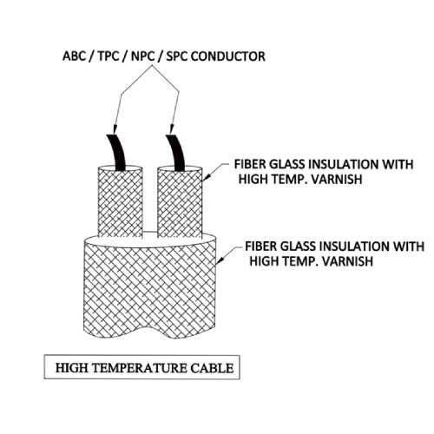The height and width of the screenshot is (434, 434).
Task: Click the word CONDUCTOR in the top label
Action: coord(228,56)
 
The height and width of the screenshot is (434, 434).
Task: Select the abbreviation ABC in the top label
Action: coord(74,56)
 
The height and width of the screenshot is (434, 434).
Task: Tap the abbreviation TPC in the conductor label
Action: coord(108,56)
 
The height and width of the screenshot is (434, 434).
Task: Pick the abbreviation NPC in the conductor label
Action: coord(142,56)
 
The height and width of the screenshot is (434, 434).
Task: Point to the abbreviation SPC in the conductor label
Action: coord(177,56)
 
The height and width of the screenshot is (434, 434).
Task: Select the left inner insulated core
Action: coord(121,202)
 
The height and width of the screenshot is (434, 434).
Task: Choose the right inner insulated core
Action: coord(180,202)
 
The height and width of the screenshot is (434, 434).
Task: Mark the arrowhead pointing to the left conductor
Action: coord(115,129)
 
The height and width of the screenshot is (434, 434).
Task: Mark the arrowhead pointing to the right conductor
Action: coord(172,129)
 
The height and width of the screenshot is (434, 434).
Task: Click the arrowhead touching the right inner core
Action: coord(206,177)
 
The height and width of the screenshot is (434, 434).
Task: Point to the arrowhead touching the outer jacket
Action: coord(220,260)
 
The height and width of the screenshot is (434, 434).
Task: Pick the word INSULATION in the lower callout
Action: coord(355,247)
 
